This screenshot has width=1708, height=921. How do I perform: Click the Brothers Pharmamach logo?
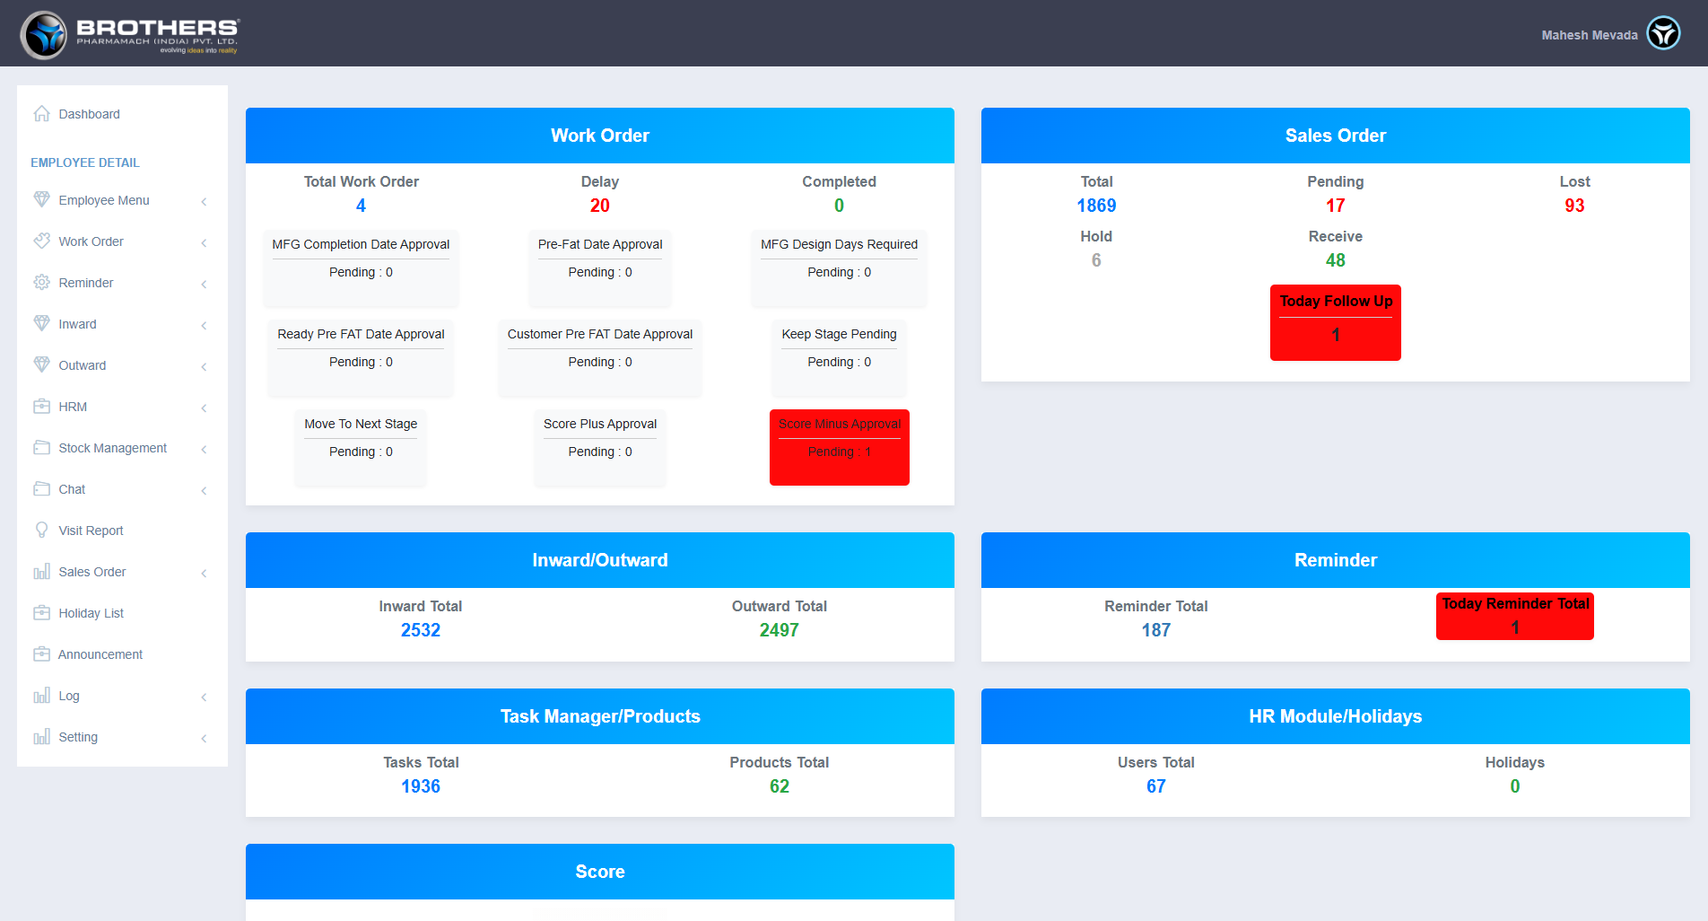tap(131, 35)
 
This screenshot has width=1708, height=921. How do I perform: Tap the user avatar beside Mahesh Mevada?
tap(1663, 34)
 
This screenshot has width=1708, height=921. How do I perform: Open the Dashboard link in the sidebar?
tap(89, 114)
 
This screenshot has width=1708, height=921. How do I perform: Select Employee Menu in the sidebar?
tap(103, 200)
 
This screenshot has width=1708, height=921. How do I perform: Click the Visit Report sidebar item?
tap(91, 531)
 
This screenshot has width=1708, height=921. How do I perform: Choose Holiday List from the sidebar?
tap(91, 613)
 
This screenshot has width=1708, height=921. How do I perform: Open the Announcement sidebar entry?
tap(100, 654)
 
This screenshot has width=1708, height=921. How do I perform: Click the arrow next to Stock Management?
tap(205, 449)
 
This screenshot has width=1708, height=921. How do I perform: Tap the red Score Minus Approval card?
tap(839, 447)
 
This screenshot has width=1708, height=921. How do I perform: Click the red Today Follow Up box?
tap(1335, 322)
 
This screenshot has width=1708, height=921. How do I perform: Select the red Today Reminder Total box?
tap(1514, 615)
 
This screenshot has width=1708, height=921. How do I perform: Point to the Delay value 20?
tap(599, 206)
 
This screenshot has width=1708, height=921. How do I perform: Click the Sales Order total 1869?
tap(1096, 206)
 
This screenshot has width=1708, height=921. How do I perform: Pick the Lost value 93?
tap(1574, 206)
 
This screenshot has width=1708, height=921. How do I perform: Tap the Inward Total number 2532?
tap(420, 630)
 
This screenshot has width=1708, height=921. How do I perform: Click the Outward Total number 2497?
tap(779, 630)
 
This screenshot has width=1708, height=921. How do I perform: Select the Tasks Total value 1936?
tap(420, 786)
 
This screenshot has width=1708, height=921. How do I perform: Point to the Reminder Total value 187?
tap(1155, 630)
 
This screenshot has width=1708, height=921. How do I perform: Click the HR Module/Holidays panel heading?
tap(1335, 716)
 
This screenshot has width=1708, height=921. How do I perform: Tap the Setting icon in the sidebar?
tap(41, 737)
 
